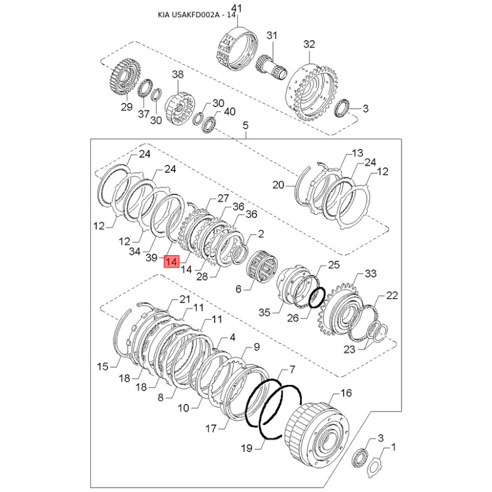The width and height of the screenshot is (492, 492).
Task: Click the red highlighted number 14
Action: coord(172,261)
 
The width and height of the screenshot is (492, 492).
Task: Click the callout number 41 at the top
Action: coord(236,9)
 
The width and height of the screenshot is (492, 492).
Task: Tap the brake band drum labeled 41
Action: coord(237,49)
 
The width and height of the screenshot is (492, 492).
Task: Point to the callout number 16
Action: coord(346,393)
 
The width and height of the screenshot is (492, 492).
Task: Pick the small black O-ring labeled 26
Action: coord(316,297)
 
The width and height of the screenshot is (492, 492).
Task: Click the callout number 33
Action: coord(371,274)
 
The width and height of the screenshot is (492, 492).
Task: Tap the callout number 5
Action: coord(245,125)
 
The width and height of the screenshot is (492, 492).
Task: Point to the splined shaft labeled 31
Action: coord(272,67)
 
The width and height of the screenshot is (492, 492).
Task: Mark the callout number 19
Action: coord(247,448)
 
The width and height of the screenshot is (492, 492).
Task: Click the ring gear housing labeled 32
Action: coord(311,93)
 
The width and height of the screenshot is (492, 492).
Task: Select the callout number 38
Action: coord(178,74)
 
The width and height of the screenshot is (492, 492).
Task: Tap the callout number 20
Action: coord(278,185)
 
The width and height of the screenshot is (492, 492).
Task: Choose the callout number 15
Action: coord(103,367)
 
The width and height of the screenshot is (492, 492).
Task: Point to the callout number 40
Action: coord(229,111)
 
